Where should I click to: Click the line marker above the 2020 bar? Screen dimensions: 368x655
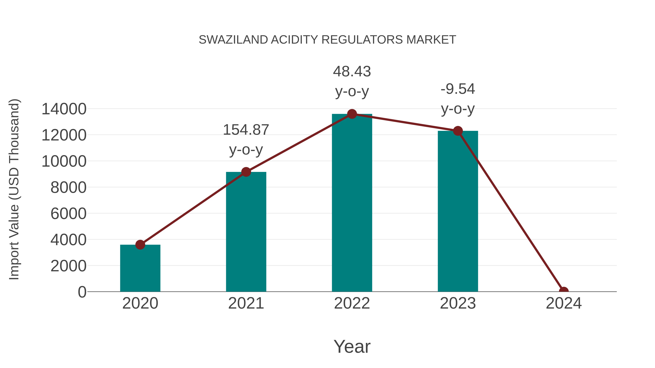140,245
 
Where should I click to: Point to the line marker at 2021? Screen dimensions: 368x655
246,172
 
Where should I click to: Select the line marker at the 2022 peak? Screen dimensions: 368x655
352,114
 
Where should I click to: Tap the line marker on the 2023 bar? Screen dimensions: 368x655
458,131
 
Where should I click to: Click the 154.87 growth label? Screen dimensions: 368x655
246,130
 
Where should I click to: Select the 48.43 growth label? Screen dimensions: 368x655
352,71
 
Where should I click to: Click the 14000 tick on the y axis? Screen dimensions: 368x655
64,109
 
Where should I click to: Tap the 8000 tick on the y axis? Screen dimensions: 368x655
68,187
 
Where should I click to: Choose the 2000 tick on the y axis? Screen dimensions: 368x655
68,266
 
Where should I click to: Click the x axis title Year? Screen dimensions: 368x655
352,346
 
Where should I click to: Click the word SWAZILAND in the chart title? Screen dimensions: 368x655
233,40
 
